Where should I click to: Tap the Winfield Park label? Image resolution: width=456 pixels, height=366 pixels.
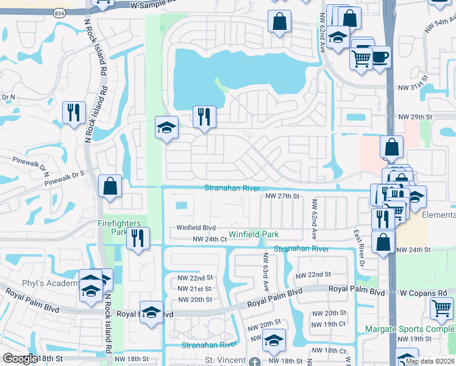[254, 234]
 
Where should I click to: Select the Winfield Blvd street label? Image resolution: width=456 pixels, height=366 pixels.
[196, 228]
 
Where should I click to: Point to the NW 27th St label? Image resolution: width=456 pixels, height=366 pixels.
[282, 196]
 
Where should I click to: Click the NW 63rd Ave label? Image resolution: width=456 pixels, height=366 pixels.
[266, 271]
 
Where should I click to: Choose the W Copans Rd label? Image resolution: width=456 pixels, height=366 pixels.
[424, 293]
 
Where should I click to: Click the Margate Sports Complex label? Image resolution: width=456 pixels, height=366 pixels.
[410, 329]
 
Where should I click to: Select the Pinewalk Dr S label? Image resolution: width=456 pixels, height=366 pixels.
[63, 174]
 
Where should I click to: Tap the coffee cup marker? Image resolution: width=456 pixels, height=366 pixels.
[380, 57]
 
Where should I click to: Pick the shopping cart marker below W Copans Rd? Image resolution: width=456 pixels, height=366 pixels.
[441, 307]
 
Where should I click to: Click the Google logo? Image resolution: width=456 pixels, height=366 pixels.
[21, 359]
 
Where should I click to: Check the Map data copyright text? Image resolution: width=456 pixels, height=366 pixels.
[430, 361]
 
